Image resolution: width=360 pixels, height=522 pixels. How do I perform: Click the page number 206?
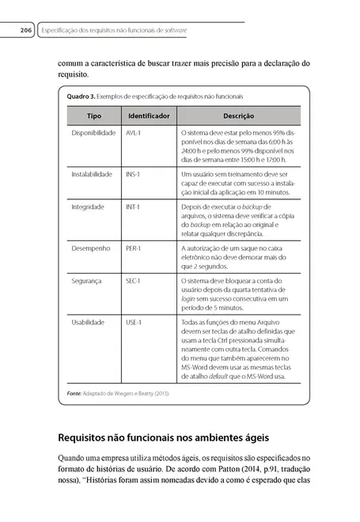[25, 30]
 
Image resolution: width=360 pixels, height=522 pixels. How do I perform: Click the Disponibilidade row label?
[93, 133]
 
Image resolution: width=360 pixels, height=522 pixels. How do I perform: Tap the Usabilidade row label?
[89, 322]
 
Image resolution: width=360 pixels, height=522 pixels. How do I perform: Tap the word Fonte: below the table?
[75, 393]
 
